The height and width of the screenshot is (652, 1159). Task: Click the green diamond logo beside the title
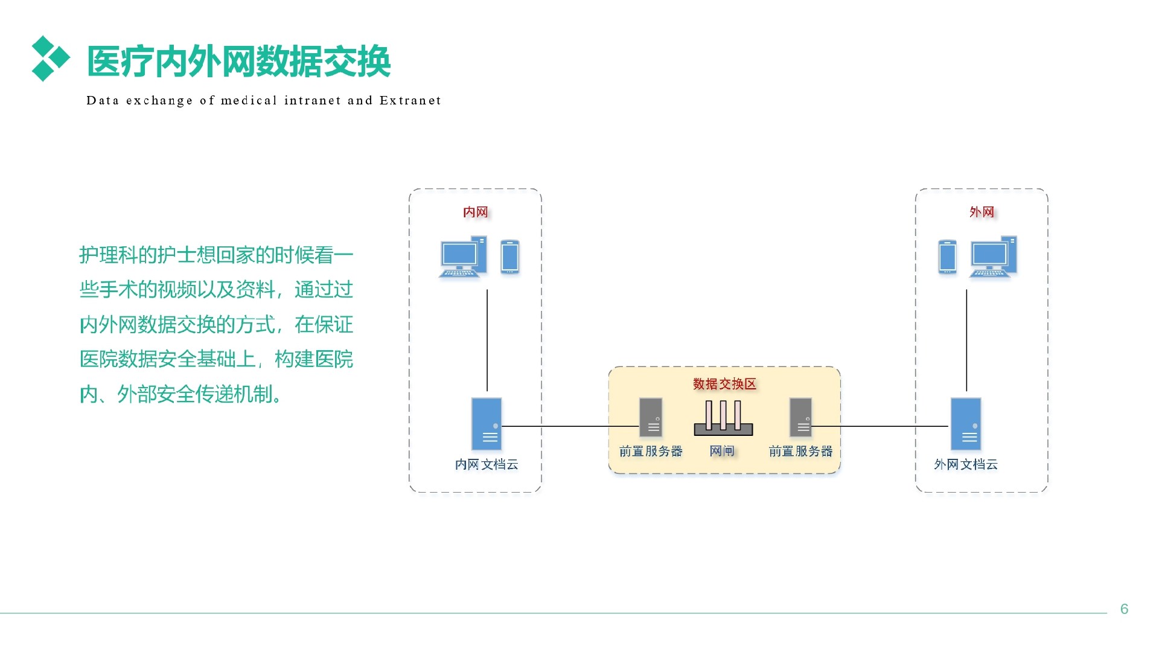pyautogui.click(x=51, y=59)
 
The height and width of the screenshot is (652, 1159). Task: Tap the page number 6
pyautogui.click(x=1124, y=609)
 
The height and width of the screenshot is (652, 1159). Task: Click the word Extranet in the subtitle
pyautogui.click(x=410, y=100)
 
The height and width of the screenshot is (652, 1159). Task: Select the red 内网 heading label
pyautogui.click(x=476, y=212)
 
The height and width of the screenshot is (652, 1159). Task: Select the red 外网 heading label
pyautogui.click(x=982, y=212)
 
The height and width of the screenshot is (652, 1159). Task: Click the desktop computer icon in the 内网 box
pyautogui.click(x=463, y=257)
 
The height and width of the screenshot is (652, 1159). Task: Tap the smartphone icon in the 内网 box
pyautogui.click(x=510, y=257)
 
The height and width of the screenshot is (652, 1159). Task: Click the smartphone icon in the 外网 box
pyautogui.click(x=947, y=257)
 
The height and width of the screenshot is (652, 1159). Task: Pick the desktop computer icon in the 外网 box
pyautogui.click(x=994, y=257)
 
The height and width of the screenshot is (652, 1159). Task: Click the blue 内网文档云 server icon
pyautogui.click(x=487, y=424)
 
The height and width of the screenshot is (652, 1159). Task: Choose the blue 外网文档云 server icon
pyautogui.click(x=966, y=424)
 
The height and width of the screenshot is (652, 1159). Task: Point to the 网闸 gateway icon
pyautogui.click(x=723, y=418)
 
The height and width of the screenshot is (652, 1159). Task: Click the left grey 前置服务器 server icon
pyautogui.click(x=651, y=417)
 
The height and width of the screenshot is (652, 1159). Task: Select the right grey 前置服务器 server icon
pyautogui.click(x=800, y=417)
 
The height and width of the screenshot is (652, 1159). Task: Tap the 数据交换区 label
pyautogui.click(x=724, y=384)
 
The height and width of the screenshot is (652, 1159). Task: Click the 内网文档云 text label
pyautogui.click(x=487, y=464)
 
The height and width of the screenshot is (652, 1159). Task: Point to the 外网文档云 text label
pyautogui.click(x=966, y=464)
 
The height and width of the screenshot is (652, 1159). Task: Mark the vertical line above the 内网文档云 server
pyautogui.click(x=487, y=340)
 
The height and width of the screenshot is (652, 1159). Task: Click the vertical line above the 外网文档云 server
pyautogui.click(x=966, y=340)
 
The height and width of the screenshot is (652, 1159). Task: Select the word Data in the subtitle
pyautogui.click(x=103, y=100)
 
